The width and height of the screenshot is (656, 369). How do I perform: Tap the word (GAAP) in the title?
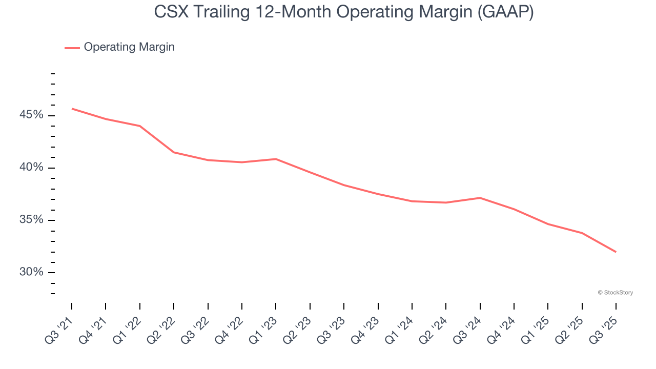point(505,12)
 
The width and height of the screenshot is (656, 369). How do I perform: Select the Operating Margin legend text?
point(129,47)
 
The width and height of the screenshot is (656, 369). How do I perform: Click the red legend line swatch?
point(72,48)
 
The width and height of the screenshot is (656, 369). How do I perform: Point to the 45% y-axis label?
point(31,115)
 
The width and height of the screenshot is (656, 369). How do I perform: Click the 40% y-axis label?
point(31,168)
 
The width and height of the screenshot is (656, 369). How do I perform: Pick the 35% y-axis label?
point(31,220)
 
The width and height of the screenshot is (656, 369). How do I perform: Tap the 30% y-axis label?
point(31,273)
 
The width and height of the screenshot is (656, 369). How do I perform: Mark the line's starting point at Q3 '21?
point(72,109)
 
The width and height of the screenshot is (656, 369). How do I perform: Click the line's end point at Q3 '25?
point(616,252)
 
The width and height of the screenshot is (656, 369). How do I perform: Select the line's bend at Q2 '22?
point(174,152)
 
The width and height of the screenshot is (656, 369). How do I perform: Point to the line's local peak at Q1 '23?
point(276,159)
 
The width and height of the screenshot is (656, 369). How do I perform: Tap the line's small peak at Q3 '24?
point(480,198)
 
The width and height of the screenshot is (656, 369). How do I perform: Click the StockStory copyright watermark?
point(615,293)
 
